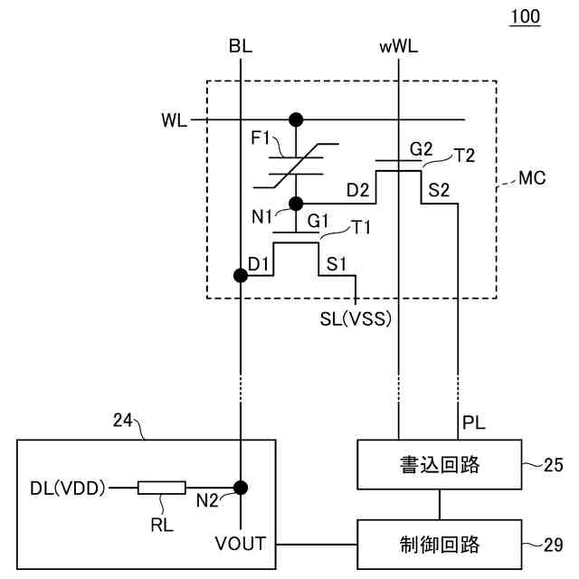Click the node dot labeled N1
tap(296, 204)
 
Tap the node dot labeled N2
tap(241, 488)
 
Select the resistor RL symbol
tap(162, 488)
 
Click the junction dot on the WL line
tap(296, 119)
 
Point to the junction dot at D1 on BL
tap(241, 275)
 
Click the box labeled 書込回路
tap(440, 464)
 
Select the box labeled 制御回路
tap(440, 545)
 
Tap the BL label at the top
tap(241, 46)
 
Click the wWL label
tap(399, 47)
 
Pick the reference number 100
tap(525, 16)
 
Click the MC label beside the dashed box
tap(532, 178)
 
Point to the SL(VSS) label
tap(356, 318)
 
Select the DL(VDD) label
tap(68, 489)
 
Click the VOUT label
tap(241, 544)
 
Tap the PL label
tap(474, 422)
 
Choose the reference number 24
tap(123, 420)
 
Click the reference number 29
tap(553, 545)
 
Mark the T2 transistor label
tap(465, 156)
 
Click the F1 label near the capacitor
tap(261, 138)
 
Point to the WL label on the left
tap(175, 120)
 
